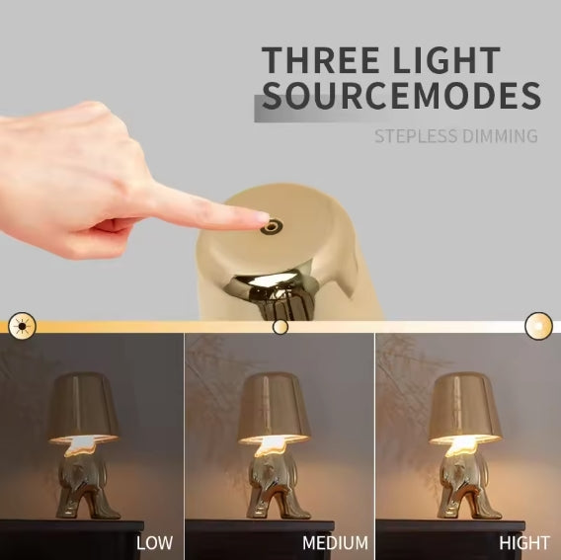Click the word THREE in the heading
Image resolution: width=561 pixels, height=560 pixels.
tap(322, 59)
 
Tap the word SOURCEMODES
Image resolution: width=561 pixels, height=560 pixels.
tap(401, 97)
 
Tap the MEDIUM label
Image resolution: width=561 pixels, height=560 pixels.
tap(335, 542)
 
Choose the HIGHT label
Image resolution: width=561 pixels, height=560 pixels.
tap(522, 542)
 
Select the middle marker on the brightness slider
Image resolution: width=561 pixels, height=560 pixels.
tap(280, 326)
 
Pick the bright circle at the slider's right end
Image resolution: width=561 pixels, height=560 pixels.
tap(538, 325)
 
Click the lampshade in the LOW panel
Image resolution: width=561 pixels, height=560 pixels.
tap(83, 405)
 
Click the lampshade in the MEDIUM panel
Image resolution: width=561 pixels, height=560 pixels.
tap(274, 405)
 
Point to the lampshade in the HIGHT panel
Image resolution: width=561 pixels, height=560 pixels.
tap(465, 405)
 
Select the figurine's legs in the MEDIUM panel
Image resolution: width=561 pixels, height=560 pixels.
tap(276, 489)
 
